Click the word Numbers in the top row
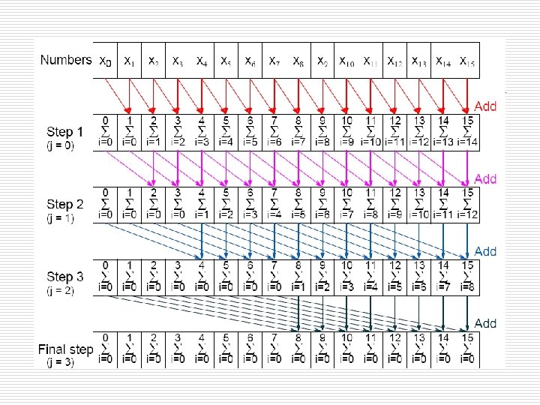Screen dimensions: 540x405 pos(66,59)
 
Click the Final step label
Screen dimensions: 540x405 pos(66,349)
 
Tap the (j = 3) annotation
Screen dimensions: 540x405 pos(59,362)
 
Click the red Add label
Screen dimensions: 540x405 pos(485,106)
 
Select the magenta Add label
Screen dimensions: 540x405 pos(485,178)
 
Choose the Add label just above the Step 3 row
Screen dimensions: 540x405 pos(485,251)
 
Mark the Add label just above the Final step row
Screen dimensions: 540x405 pos(485,323)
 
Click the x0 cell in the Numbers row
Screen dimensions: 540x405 pos(105,60)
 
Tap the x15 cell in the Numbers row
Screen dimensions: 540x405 pos(466,60)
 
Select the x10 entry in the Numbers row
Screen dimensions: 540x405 pos(346,60)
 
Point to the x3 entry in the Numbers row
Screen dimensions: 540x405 pos(178,60)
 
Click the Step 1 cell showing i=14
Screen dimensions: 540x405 pos(466,132)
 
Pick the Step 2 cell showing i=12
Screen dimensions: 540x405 pos(466,205)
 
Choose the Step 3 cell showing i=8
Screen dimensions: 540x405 pos(466,277)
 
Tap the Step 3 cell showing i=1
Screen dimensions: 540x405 pos(298,277)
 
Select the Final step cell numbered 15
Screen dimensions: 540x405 pos(466,349)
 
